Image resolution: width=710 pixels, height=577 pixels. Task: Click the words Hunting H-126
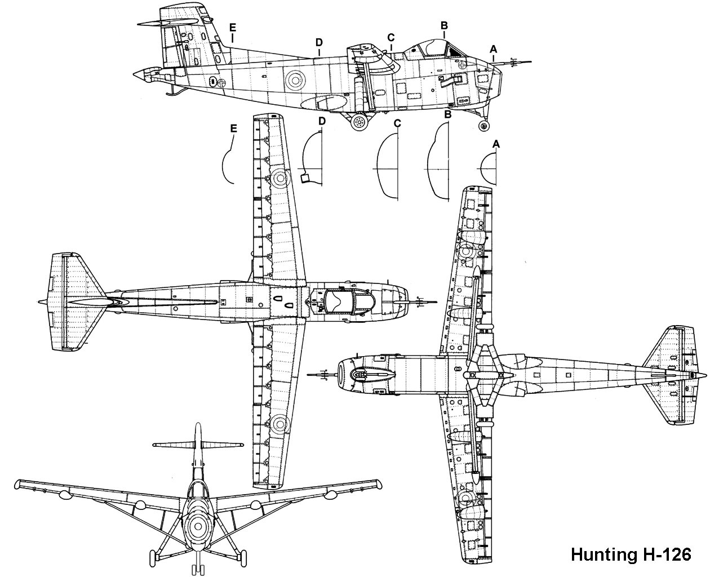(x=631, y=554)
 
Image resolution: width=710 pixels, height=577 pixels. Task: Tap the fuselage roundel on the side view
(x=294, y=80)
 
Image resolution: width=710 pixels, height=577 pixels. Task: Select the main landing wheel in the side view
(x=359, y=121)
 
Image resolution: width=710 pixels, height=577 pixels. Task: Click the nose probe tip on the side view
(x=530, y=61)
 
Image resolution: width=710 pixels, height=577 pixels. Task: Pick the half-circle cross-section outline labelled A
(x=490, y=168)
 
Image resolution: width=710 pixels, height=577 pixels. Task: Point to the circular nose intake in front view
(x=197, y=527)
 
